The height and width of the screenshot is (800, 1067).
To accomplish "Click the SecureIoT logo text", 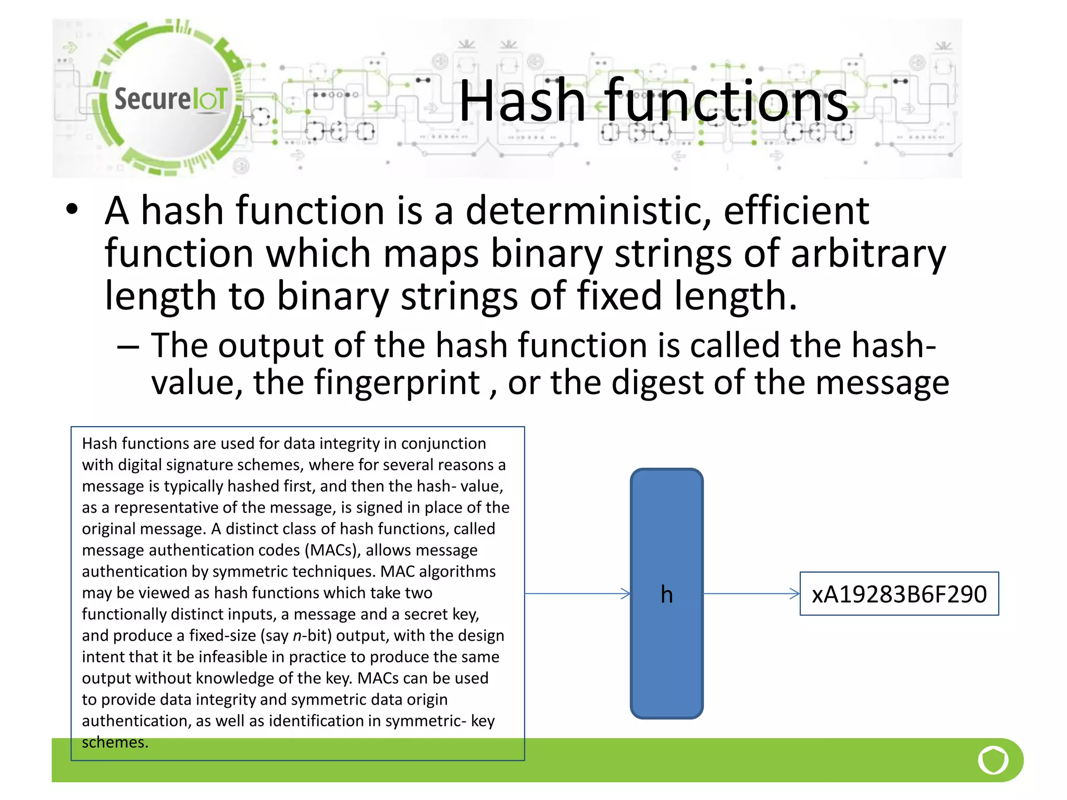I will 170,98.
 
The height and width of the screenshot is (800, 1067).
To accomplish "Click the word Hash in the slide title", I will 522,101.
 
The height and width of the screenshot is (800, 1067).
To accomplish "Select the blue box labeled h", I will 666,594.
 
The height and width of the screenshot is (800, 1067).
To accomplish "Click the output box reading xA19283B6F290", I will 899,594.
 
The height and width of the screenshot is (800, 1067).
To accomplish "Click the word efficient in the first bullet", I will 796,211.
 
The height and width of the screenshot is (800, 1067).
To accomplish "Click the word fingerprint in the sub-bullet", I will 397,383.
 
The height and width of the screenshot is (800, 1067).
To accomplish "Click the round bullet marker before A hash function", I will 72,209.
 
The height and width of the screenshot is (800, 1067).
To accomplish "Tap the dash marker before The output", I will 128,346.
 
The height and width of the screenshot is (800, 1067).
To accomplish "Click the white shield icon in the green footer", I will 993,760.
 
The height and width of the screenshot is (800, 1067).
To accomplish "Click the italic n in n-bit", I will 297,636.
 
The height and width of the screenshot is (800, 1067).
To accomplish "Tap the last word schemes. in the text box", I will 115,742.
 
